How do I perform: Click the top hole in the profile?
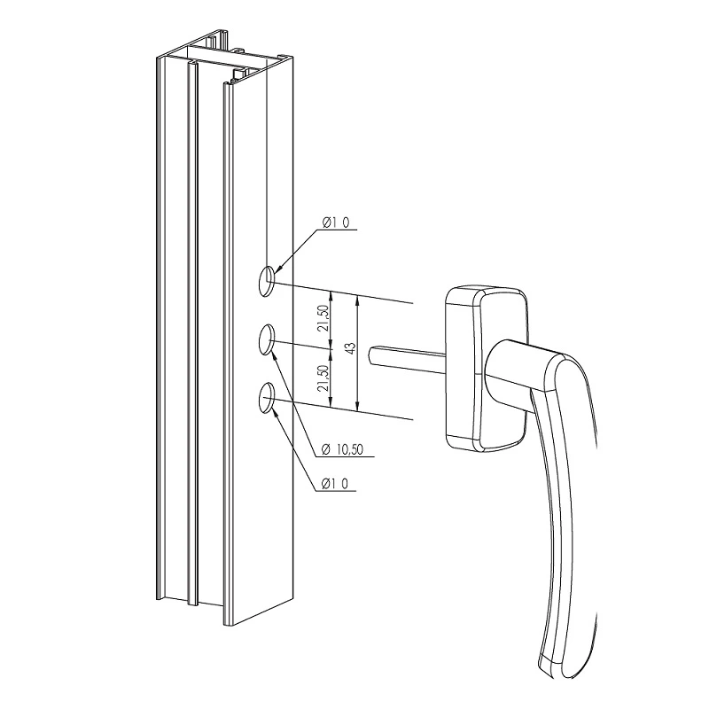[267, 281]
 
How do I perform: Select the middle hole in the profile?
[267, 339]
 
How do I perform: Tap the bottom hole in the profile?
[267, 398]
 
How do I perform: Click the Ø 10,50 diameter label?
[342, 449]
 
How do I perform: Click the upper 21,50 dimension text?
[323, 318]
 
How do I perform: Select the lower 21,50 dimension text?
[323, 378]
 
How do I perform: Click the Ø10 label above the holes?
[335, 222]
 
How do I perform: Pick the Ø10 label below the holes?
[335, 483]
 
